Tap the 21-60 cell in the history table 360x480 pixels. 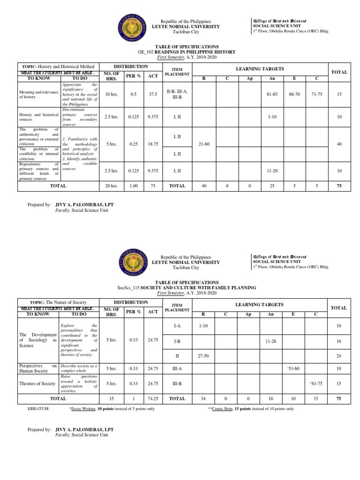[203, 144]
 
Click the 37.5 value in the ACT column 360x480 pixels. [152, 94]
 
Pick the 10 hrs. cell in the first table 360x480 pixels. [111, 94]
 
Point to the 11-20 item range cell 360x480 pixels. [272, 171]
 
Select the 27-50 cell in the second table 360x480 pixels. [203, 356]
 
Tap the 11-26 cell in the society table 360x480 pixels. [270, 342]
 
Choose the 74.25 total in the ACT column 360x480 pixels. [152, 398]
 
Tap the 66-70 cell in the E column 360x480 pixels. [294, 94]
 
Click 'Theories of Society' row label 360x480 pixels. [37, 383]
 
